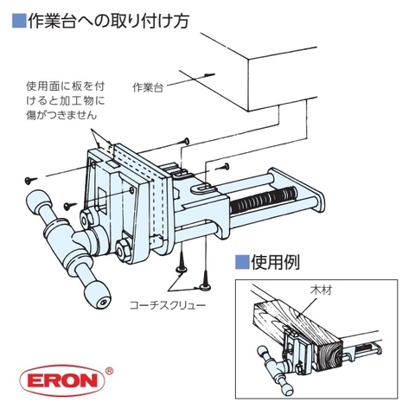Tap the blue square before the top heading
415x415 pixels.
click(17, 17)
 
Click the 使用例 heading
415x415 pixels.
click(276, 261)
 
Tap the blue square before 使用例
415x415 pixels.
click(242, 261)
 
